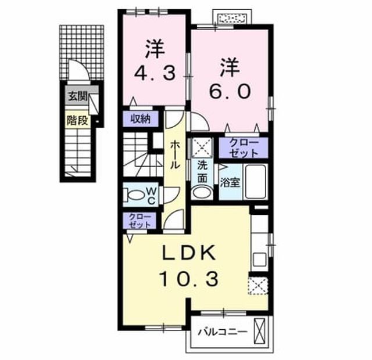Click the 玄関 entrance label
(78, 96)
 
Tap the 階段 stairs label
(77, 120)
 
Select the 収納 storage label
(141, 118)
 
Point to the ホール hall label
(175, 154)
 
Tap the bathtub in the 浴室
(255, 182)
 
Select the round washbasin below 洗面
(202, 192)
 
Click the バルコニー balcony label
(223, 332)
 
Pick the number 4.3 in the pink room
(155, 73)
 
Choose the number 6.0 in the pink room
(230, 92)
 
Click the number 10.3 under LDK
(189, 279)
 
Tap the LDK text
(189, 253)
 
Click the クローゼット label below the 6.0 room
(244, 148)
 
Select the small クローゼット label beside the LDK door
(139, 221)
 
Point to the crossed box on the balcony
(259, 332)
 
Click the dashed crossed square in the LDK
(258, 286)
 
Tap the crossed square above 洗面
(202, 147)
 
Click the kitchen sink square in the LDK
(260, 260)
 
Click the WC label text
(151, 196)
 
